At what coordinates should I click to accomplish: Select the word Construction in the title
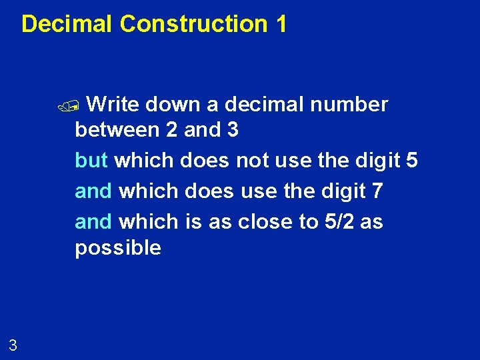[x=193, y=24]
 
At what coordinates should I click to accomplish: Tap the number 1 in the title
[x=281, y=24]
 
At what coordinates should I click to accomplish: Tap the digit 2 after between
[x=171, y=130]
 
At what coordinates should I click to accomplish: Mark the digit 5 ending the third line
[x=411, y=160]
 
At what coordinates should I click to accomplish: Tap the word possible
[x=118, y=248]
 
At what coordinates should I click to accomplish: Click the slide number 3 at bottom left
[x=13, y=345]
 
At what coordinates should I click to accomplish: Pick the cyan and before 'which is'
[x=93, y=221]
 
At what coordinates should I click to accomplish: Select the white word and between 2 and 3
[x=203, y=130]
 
